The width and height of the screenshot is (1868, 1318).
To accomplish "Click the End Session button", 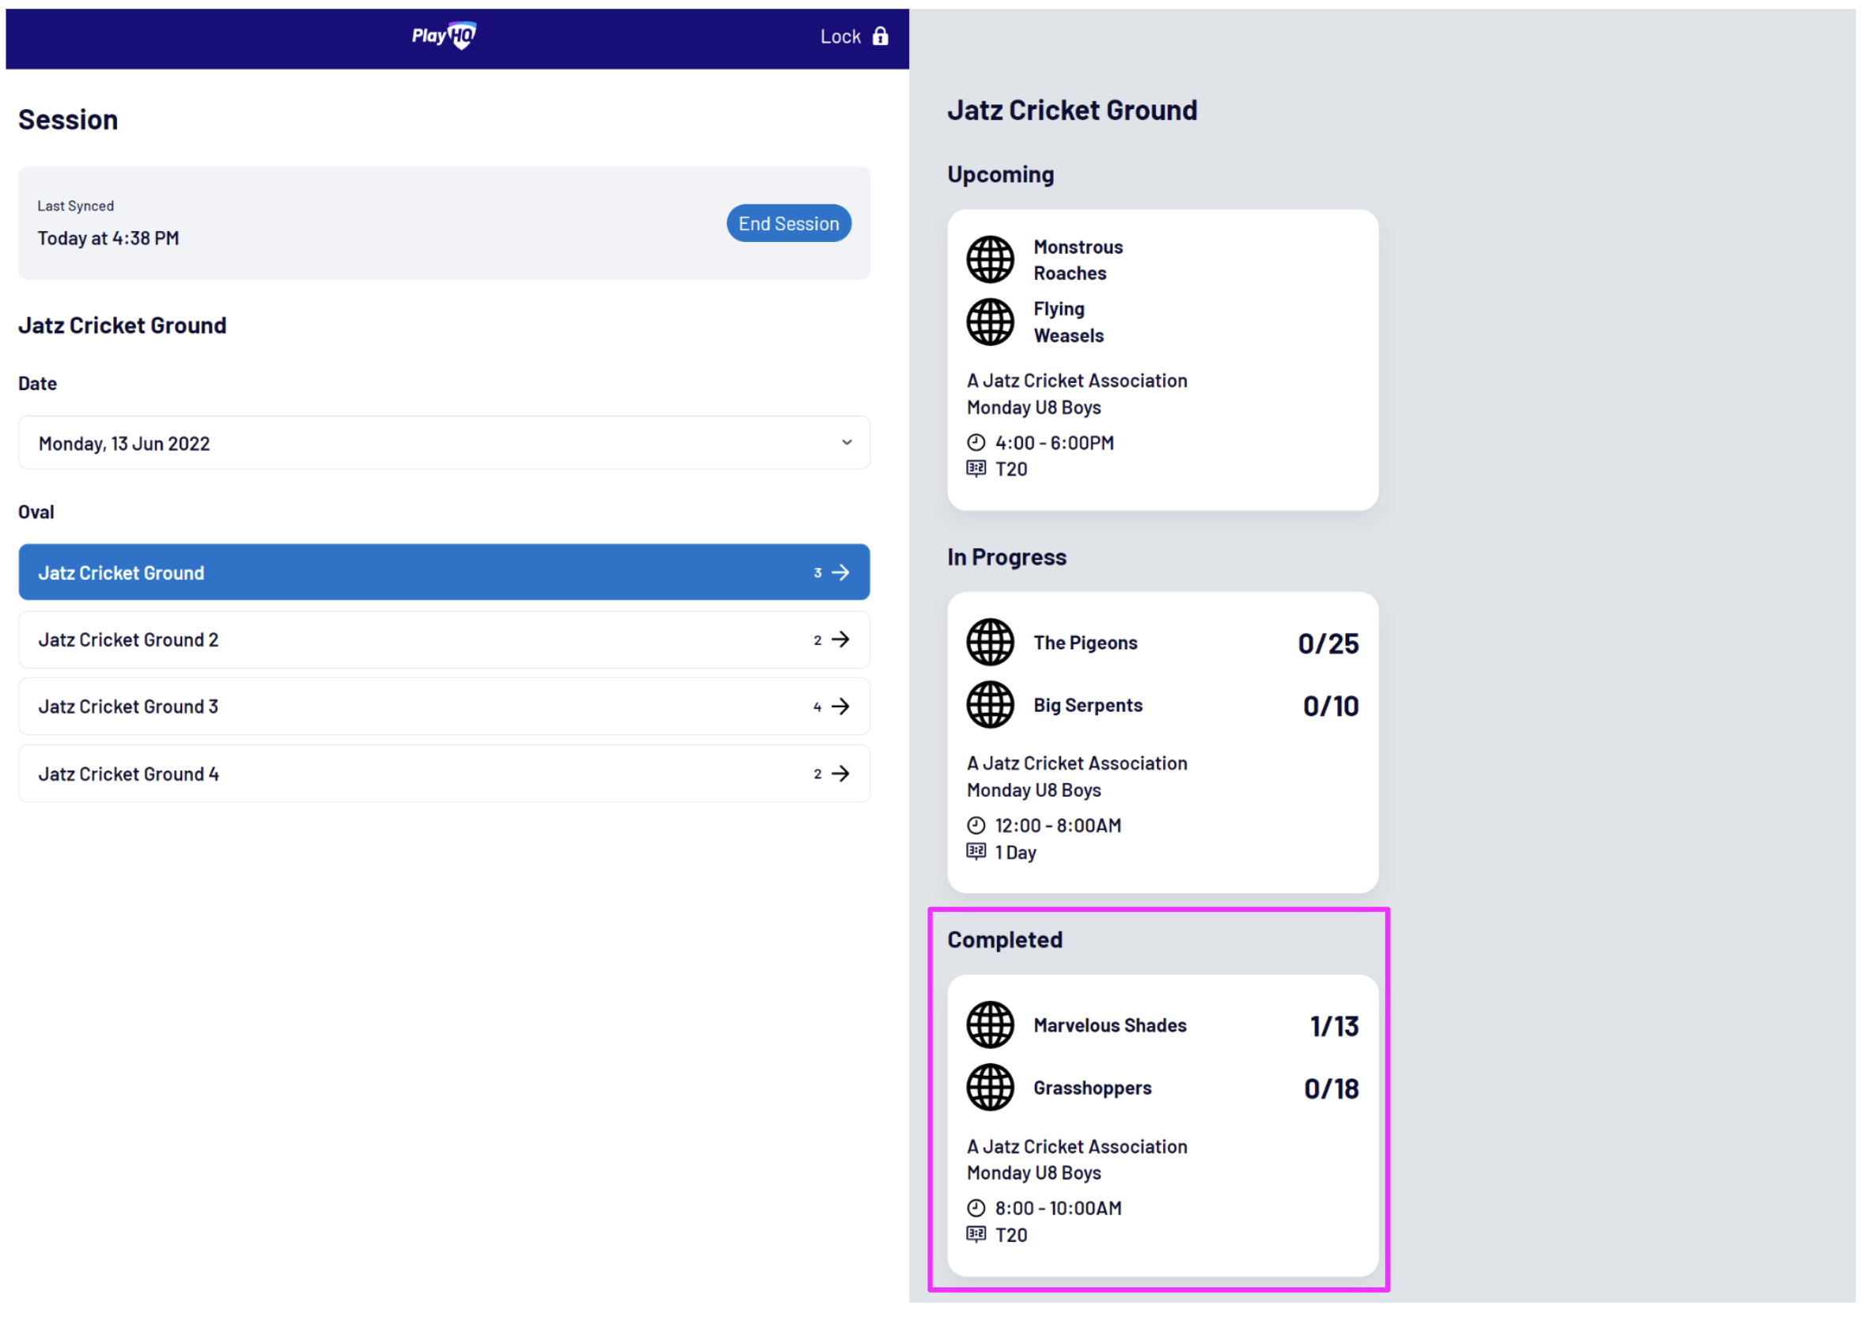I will click(x=788, y=224).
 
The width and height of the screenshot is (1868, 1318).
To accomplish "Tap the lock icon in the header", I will click(x=881, y=36).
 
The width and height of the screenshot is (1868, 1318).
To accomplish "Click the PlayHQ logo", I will click(x=443, y=35).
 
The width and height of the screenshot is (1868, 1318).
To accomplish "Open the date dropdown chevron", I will click(x=847, y=442).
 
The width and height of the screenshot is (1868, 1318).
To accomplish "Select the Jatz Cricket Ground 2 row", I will click(x=443, y=640).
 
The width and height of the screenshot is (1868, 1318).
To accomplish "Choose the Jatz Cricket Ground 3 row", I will click(x=443, y=707).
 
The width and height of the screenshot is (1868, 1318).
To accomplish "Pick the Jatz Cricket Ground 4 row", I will click(x=443, y=774).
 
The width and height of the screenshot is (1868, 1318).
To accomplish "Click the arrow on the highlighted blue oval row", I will click(x=840, y=573).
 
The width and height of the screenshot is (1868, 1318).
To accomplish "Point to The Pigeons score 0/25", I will click(x=1328, y=643).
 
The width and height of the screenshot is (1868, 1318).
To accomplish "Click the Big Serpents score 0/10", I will click(x=1330, y=706).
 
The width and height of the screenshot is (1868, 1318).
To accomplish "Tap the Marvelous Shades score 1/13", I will click(x=1333, y=1027).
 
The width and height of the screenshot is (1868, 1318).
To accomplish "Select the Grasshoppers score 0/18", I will click(x=1331, y=1089).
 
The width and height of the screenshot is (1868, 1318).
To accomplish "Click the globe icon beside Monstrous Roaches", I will click(x=990, y=259).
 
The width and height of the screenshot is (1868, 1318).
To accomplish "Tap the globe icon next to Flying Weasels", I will click(x=990, y=322).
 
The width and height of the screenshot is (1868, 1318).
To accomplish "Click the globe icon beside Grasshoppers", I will click(x=990, y=1088).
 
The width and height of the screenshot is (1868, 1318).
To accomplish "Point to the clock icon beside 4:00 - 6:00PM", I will click(x=976, y=442).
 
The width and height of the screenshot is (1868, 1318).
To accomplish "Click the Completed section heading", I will click(x=1005, y=940).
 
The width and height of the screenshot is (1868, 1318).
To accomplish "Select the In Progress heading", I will click(x=1006, y=557).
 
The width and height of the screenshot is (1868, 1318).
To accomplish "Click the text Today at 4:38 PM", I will click(x=108, y=238).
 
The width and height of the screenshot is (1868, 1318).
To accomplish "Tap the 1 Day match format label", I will click(x=1015, y=853).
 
